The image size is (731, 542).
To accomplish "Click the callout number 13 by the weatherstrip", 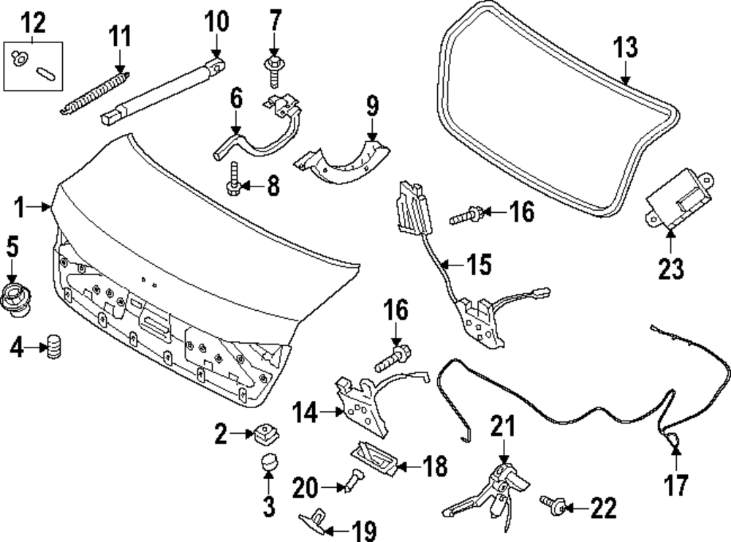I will tap(625, 48).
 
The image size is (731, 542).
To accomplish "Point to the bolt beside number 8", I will tap(234, 179).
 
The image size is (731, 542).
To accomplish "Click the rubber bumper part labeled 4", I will tap(53, 346).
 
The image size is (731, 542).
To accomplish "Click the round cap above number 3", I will tap(268, 462).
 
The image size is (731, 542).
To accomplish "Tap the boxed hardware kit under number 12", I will tap(35, 64).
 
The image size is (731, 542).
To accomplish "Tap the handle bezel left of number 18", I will tap(374, 458).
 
